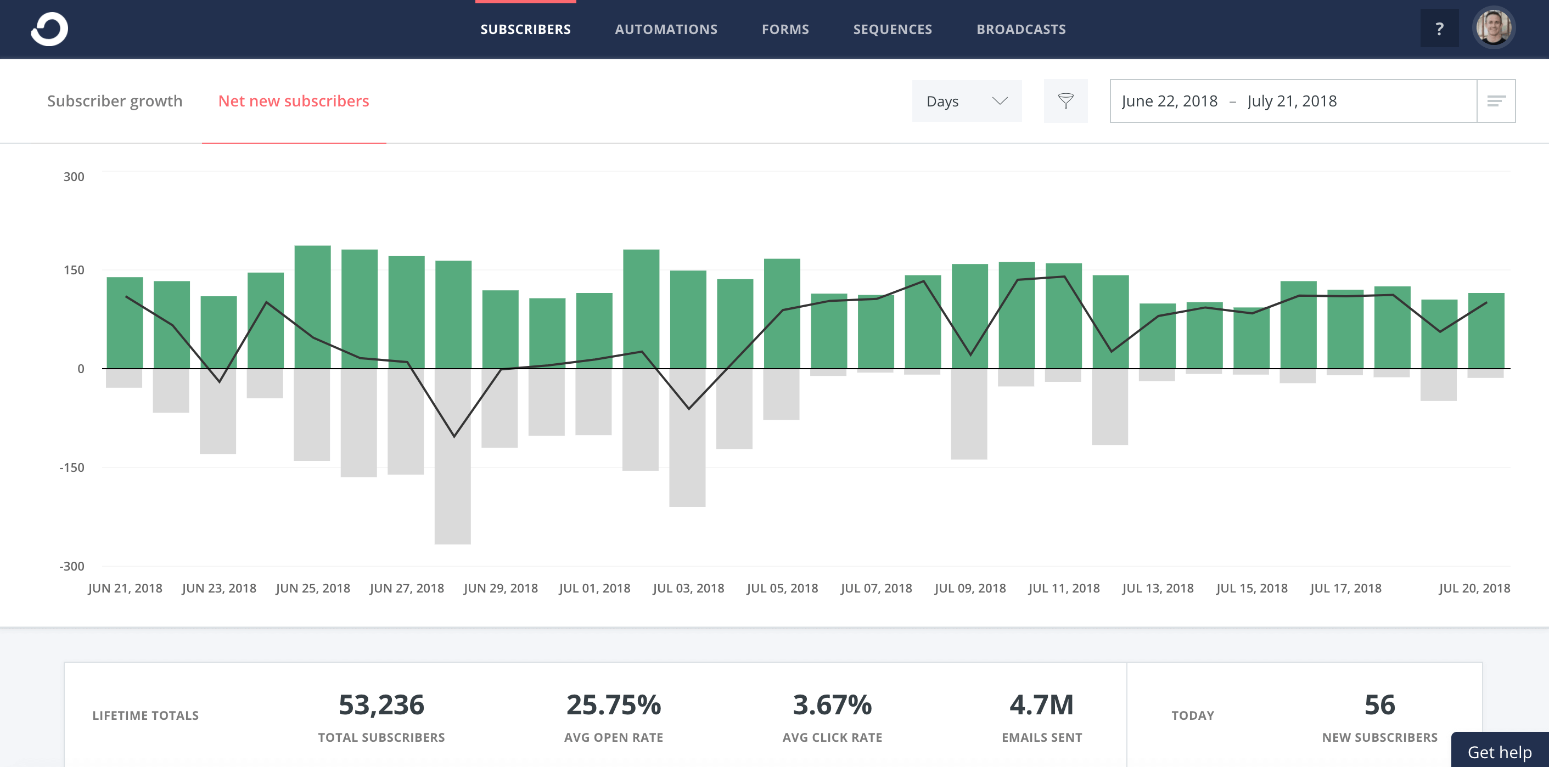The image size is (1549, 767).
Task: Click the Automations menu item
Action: pos(666,30)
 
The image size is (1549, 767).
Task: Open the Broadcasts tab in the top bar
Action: pos(1020,30)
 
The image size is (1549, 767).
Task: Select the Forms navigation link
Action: pos(785,30)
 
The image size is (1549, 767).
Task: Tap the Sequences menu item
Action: pos(892,30)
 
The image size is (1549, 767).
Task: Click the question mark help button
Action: pos(1439,29)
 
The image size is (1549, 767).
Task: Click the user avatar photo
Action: pos(1493,27)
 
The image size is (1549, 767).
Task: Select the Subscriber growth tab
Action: pos(114,101)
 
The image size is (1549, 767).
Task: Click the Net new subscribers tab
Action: pos(294,101)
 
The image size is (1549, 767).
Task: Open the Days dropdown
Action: pos(966,101)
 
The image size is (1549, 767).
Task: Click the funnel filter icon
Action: pos(1065,101)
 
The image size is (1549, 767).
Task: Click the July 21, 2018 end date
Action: pos(1292,101)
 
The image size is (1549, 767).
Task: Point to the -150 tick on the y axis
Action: pos(71,467)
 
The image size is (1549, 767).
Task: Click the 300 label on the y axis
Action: pos(74,177)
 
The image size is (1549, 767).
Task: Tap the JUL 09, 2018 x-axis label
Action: pos(969,588)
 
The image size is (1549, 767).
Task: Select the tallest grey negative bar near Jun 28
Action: pos(452,457)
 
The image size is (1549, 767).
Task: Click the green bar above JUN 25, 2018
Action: pos(312,307)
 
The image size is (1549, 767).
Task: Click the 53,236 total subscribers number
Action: pos(381,704)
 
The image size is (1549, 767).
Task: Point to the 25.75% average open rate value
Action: pos(613,704)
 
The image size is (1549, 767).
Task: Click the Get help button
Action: pos(1499,752)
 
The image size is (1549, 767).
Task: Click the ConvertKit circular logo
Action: pos(49,29)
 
